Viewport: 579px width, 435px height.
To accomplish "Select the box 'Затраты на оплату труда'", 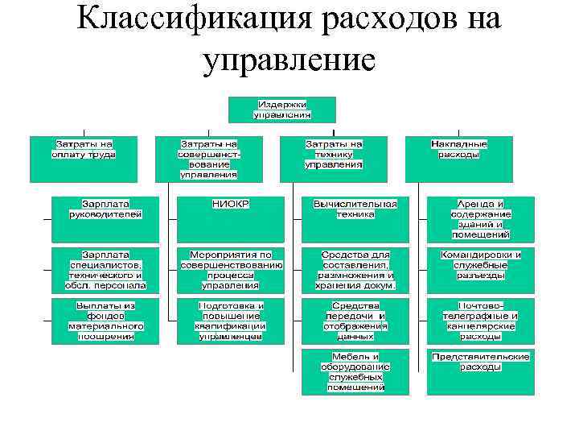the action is coord(84,159).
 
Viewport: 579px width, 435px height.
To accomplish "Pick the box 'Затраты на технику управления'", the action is coord(334,159).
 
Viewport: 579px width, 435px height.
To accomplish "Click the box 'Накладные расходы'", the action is coord(459,159).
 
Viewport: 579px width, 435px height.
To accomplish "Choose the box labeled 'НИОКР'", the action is coord(231,219).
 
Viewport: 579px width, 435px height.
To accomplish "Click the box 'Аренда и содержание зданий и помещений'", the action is coord(481,219).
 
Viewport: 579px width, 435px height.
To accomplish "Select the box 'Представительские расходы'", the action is coord(481,371).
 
